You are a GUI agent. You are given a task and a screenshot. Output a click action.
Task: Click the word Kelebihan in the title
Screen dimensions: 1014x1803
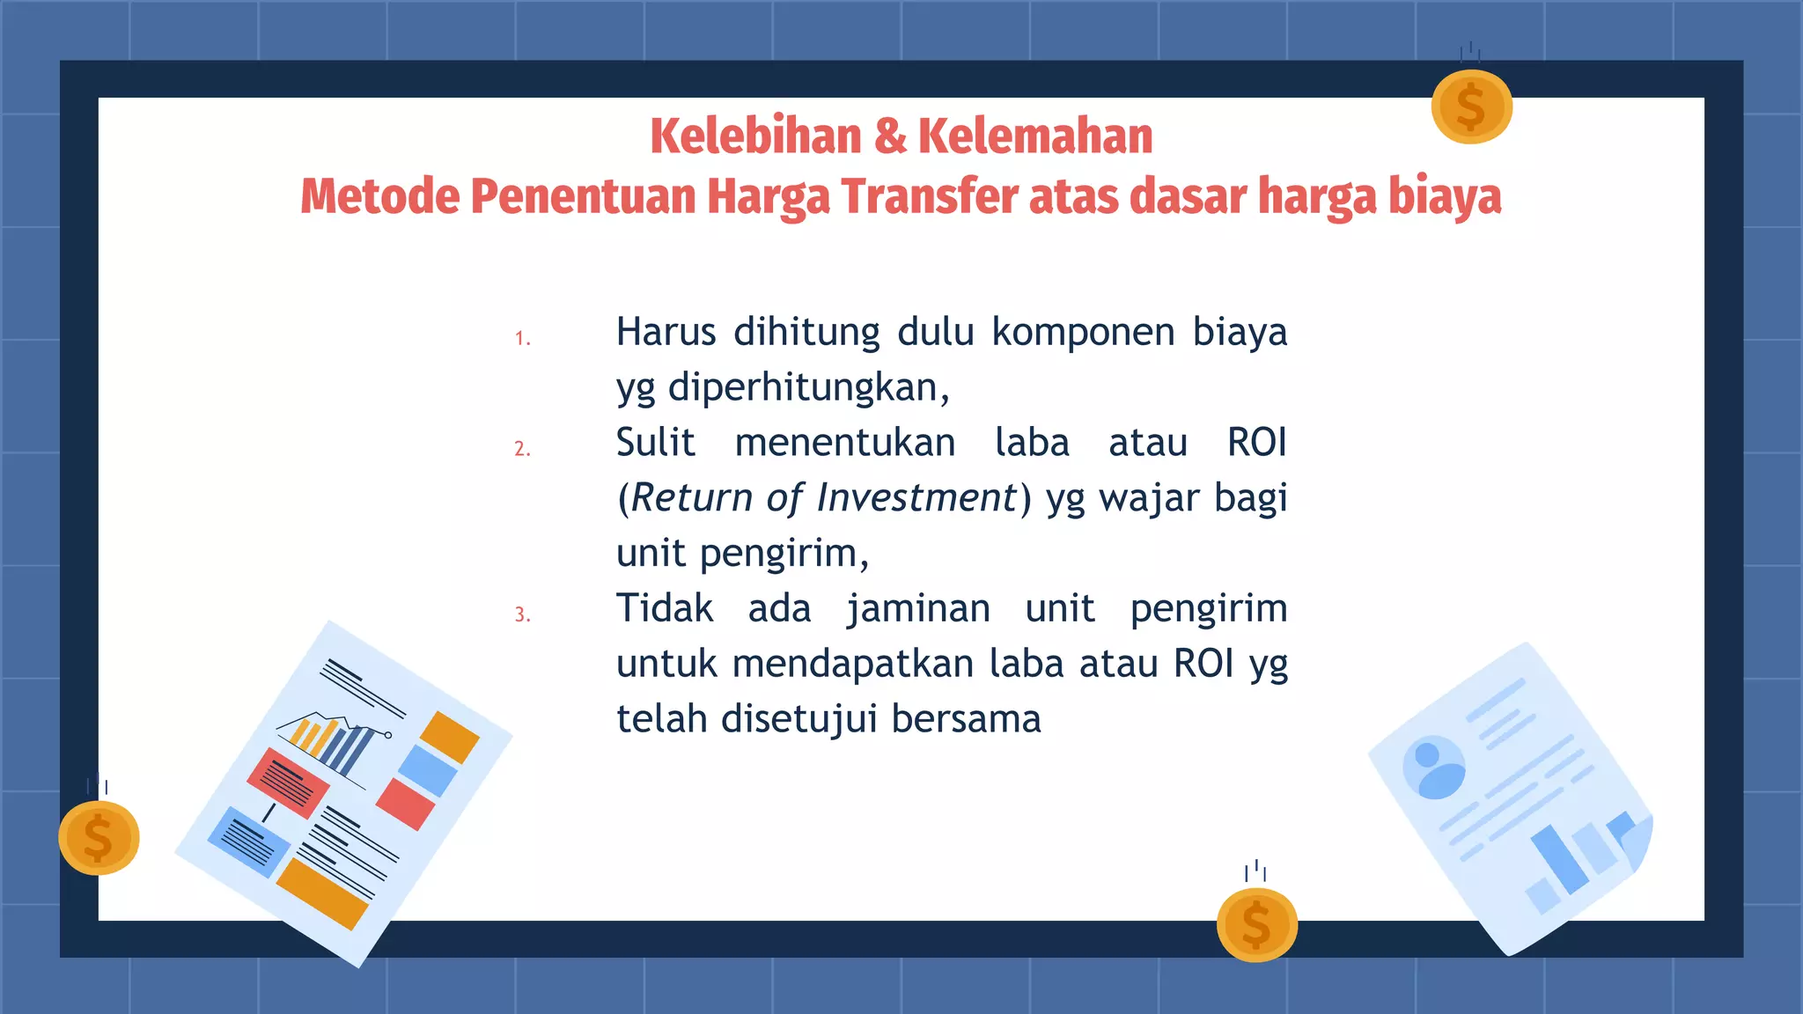point(755,136)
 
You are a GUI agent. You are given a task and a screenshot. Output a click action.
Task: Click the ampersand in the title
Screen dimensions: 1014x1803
point(890,136)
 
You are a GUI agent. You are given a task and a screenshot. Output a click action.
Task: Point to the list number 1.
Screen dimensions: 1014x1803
point(522,339)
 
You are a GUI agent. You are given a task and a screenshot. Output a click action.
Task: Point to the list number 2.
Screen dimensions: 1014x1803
point(522,449)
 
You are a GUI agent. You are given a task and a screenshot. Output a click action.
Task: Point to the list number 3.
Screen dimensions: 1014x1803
point(522,614)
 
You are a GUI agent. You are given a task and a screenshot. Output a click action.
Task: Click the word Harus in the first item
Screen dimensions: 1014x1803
point(666,333)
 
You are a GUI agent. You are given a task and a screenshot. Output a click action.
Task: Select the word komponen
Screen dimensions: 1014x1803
point(1083,333)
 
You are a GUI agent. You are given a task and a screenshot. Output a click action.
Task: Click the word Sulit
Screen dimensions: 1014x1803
point(655,443)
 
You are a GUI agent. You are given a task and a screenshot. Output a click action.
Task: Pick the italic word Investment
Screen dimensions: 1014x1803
point(916,498)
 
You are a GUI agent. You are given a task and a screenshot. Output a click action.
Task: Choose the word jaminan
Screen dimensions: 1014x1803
point(918,609)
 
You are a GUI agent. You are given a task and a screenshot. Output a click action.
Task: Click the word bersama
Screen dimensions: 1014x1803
point(966,719)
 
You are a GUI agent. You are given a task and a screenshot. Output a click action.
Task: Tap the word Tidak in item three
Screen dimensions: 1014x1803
point(665,609)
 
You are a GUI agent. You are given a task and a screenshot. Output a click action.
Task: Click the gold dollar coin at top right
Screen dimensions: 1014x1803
point(1471,107)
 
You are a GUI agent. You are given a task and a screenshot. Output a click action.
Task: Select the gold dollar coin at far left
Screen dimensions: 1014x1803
point(99,837)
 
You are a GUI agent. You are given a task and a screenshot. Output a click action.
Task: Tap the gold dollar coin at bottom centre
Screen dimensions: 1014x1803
point(1256,925)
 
